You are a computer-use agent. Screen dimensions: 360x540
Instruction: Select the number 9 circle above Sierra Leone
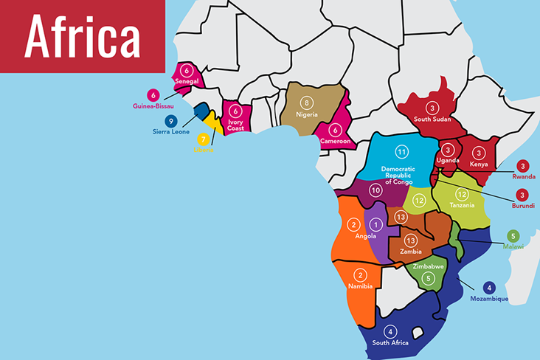[x=171, y=121]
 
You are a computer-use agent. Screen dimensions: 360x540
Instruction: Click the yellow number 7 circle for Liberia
[x=204, y=138]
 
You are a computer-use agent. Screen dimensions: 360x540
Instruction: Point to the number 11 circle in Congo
[x=402, y=152]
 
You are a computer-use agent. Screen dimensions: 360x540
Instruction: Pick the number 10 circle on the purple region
[x=375, y=190]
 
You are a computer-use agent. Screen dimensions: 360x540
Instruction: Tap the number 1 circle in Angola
[x=376, y=224]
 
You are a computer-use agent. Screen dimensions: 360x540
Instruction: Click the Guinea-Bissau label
[x=153, y=106]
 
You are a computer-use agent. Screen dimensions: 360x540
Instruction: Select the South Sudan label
[x=432, y=119]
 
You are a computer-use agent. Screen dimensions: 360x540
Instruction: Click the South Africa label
[x=391, y=343]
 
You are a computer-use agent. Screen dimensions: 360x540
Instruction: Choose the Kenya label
[x=479, y=164]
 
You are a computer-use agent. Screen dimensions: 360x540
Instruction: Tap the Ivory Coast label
[x=235, y=125]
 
